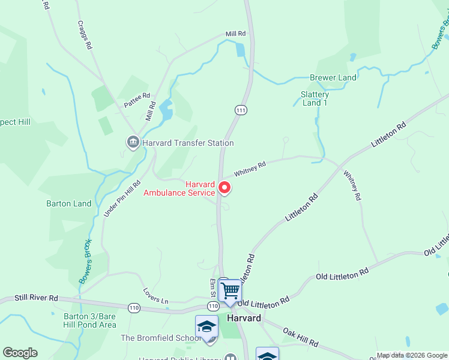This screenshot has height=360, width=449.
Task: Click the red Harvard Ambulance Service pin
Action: click(x=224, y=188)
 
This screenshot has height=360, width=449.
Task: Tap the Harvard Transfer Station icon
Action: click(x=132, y=142)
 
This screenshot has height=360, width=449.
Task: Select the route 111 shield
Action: click(x=241, y=110)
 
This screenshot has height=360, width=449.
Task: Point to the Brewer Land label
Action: click(x=333, y=77)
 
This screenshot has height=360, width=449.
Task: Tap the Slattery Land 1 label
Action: click(x=315, y=98)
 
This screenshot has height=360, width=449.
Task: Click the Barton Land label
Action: click(x=69, y=203)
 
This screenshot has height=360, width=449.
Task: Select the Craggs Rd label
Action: click(x=85, y=35)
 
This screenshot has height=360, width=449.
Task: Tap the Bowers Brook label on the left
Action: click(x=85, y=262)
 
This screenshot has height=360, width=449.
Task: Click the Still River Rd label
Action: click(x=37, y=298)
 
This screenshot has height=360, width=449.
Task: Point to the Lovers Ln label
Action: click(x=156, y=294)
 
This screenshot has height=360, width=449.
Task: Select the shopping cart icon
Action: click(x=230, y=291)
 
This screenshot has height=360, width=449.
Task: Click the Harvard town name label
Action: click(x=244, y=318)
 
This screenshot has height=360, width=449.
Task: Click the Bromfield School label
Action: click(x=161, y=338)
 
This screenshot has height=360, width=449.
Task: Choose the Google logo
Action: click(x=20, y=353)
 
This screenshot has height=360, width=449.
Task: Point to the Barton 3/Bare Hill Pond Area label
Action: click(x=89, y=320)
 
